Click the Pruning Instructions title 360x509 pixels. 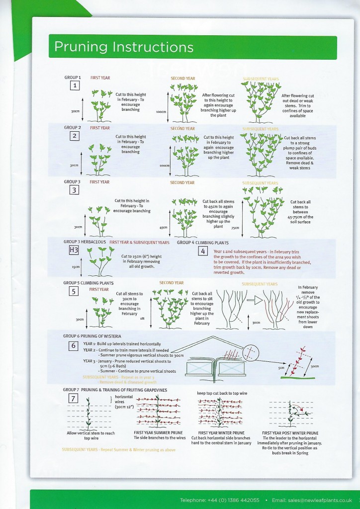124,47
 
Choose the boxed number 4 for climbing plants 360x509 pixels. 203,251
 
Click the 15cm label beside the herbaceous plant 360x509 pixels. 75,266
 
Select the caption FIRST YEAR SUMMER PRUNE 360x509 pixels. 157,433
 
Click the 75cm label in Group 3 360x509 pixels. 235,228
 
